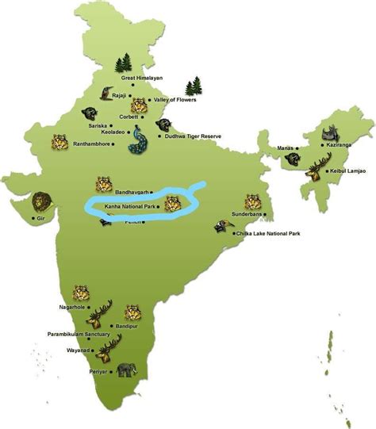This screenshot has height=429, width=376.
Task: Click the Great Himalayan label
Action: pos(141,79)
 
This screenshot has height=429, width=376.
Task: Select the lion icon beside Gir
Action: pos(40,201)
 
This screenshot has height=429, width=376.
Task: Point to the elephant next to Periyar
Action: pos(126,370)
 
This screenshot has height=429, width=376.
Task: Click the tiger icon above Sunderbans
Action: pos(252,201)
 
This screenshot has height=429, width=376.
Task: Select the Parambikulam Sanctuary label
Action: pos(79,334)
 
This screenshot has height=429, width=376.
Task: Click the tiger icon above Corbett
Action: pos(139,105)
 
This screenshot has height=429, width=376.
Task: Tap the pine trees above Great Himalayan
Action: pos(123,63)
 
